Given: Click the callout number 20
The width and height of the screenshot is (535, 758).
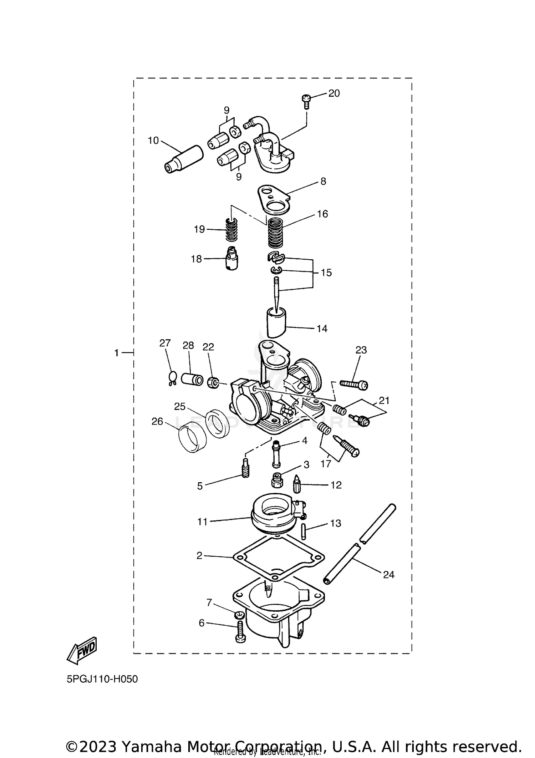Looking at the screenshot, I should (x=334, y=93).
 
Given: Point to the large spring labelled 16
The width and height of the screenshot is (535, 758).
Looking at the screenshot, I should (x=276, y=233).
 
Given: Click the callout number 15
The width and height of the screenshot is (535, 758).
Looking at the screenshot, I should (x=326, y=273).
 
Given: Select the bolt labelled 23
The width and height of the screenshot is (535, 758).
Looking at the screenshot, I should (x=354, y=384).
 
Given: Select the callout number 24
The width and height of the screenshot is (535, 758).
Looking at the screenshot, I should (x=388, y=575).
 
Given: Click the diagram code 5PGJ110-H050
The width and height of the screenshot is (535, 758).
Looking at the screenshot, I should (x=102, y=679).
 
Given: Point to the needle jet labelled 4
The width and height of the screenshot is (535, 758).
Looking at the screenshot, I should (x=276, y=454).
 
